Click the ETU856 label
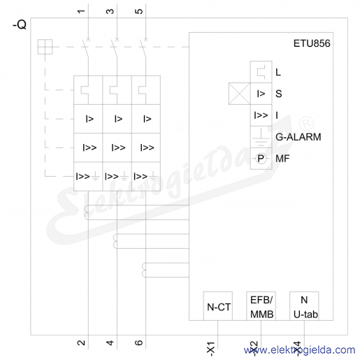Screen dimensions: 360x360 [x=312, y=43]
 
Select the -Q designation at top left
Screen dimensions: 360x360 [x=20, y=24]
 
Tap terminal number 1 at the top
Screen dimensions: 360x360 [x=81, y=11]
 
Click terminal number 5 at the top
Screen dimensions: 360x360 [x=138, y=11]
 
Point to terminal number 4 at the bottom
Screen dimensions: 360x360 [x=110, y=343]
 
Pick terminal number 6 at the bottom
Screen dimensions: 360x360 [x=138, y=343]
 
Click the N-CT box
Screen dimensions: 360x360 [x=218, y=306]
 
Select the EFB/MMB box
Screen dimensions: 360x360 [x=261, y=306]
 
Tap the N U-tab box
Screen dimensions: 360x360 [x=304, y=306]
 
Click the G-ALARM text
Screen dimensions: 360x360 [x=298, y=137]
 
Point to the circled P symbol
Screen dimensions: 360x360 [x=261, y=159]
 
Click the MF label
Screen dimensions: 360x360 [x=282, y=159]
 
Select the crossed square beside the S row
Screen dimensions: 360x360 [x=239, y=94]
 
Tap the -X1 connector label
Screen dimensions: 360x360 [x=210, y=349]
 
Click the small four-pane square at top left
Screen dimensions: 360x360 [x=45, y=47]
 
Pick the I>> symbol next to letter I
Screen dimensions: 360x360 [x=261, y=115]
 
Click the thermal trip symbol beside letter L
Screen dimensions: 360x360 [x=261, y=72]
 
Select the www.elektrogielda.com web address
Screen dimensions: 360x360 [x=299, y=350]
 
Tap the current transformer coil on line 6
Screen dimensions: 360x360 [x=144, y=270]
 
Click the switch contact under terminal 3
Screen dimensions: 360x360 [x=114, y=48]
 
